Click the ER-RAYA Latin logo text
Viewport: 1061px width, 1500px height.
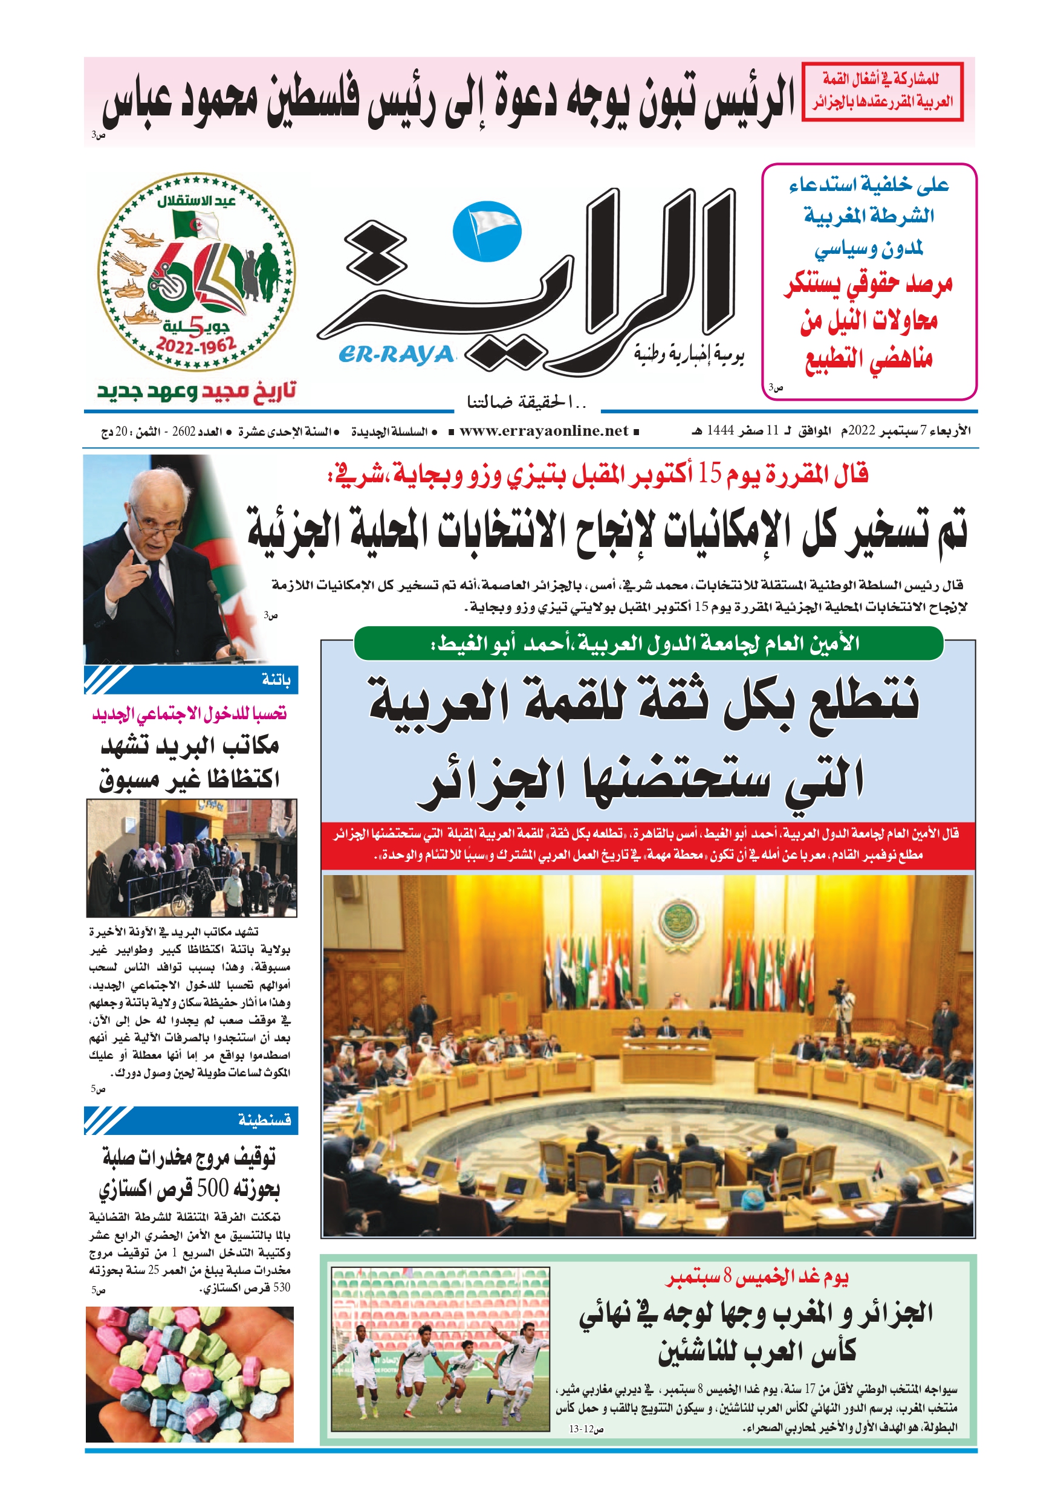396,354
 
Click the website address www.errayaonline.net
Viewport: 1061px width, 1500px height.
543,431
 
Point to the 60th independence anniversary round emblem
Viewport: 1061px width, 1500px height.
196,271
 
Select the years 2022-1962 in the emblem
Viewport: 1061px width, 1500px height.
196,345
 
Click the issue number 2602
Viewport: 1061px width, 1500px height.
184,432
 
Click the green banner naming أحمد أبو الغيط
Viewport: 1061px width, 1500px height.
647,644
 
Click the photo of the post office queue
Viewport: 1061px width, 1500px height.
192,858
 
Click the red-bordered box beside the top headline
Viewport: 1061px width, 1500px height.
882,91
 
